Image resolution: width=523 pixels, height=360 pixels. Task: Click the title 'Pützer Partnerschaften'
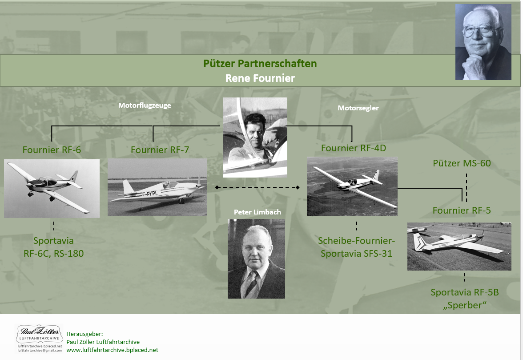260,64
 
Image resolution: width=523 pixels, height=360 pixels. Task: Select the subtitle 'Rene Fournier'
260,78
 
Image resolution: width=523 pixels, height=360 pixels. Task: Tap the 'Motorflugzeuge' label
145,105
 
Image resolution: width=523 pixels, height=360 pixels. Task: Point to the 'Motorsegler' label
358,108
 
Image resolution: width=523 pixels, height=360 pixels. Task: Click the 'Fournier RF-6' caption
52,150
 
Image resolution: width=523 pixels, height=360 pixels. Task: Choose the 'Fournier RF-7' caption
160,150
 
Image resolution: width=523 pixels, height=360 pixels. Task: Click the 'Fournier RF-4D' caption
354,148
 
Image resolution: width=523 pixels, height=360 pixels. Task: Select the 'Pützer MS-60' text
462,163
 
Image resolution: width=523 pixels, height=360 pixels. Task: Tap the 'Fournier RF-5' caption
462,210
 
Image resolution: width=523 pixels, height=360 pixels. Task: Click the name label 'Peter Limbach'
257,212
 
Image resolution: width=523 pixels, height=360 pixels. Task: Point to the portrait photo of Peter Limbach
256,259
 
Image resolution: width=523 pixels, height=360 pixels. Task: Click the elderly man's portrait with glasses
483,42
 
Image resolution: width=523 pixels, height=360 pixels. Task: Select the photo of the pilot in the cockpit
255,137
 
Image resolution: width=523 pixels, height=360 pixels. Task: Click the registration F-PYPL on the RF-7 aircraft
150,193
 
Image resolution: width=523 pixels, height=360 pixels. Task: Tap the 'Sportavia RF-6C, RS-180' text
53,247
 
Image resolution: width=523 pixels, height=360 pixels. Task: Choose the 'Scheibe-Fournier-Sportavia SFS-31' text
356,247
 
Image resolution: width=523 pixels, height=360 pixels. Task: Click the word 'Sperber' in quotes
465,305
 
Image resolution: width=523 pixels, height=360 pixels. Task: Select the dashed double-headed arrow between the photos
257,187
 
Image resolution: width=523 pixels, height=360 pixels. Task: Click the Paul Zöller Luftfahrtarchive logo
39,335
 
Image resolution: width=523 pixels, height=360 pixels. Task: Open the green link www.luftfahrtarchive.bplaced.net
112,350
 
